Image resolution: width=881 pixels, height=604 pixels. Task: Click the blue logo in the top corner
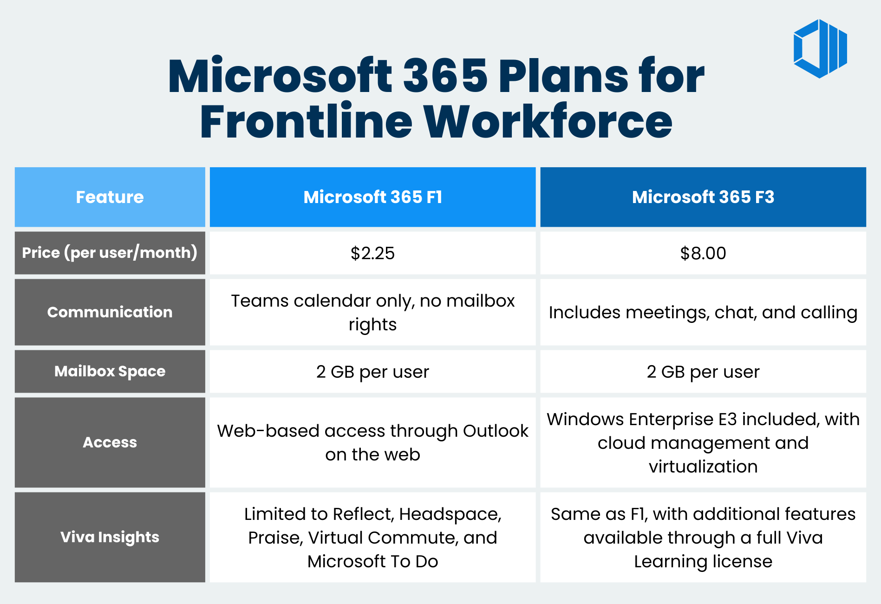(x=820, y=49)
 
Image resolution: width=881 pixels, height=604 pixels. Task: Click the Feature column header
(x=110, y=197)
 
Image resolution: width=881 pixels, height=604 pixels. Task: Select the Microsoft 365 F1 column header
(x=372, y=197)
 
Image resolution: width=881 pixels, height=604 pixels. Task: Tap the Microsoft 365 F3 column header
(x=703, y=197)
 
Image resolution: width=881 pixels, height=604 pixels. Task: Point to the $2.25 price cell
(x=372, y=253)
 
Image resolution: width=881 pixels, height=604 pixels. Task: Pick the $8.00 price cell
(x=703, y=253)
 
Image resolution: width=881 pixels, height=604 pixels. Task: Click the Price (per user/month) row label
(x=110, y=253)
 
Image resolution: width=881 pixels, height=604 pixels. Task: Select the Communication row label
(x=110, y=312)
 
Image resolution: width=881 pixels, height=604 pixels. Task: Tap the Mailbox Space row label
(x=110, y=371)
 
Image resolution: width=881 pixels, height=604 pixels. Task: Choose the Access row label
(x=110, y=442)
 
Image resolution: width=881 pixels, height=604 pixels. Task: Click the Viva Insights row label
(x=110, y=537)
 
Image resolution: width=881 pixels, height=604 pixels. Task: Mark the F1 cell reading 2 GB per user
(x=372, y=372)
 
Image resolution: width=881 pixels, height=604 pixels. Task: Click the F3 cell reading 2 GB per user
(x=703, y=372)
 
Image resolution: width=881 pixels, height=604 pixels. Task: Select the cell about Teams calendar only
(x=372, y=312)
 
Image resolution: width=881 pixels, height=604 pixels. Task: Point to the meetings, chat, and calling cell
(x=703, y=312)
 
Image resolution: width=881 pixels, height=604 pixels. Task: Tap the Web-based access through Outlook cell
(x=372, y=442)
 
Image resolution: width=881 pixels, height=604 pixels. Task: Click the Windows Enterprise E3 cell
(x=703, y=442)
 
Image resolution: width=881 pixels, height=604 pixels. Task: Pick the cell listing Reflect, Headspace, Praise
(x=372, y=537)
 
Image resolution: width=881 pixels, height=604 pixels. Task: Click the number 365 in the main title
(x=445, y=76)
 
